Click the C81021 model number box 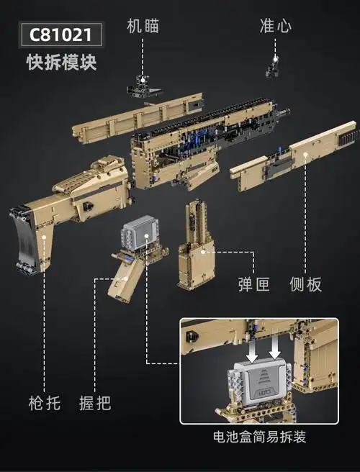61,34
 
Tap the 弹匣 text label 253,285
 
